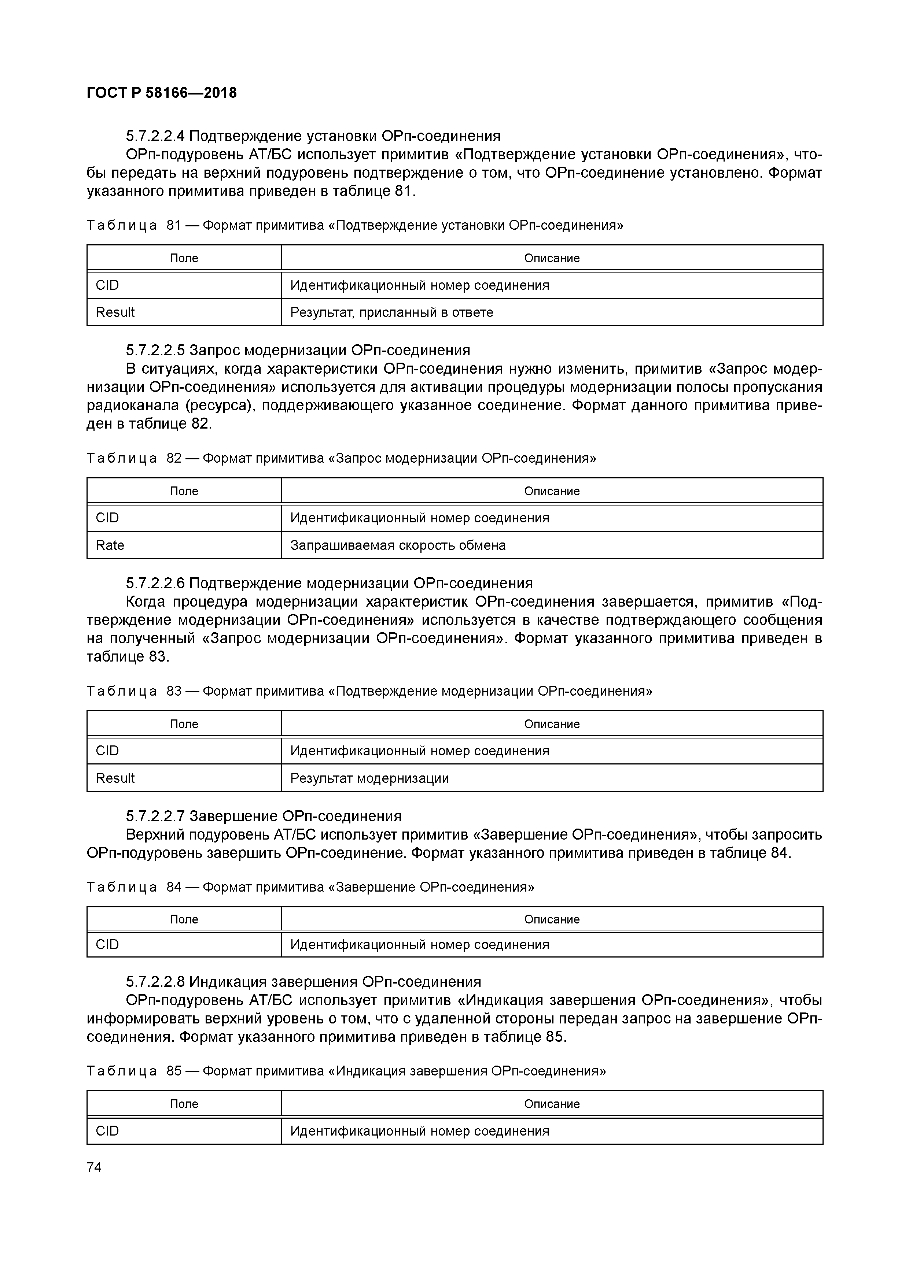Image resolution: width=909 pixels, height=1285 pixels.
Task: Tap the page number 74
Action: [94, 1167]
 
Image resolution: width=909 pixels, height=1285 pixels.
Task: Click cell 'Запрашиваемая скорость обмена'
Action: [398, 545]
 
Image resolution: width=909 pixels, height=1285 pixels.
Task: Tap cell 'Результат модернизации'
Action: [370, 778]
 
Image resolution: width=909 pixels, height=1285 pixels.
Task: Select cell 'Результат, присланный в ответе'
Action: [391, 312]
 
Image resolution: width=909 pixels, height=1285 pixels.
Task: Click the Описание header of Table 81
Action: [552, 258]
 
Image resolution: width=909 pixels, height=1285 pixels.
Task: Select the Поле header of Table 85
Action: [184, 1104]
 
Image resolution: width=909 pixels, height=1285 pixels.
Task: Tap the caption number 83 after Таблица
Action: [174, 691]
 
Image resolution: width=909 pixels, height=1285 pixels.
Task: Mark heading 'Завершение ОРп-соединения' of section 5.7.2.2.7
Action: [296, 816]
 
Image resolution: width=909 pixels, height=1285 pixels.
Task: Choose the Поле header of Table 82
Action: [184, 491]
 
